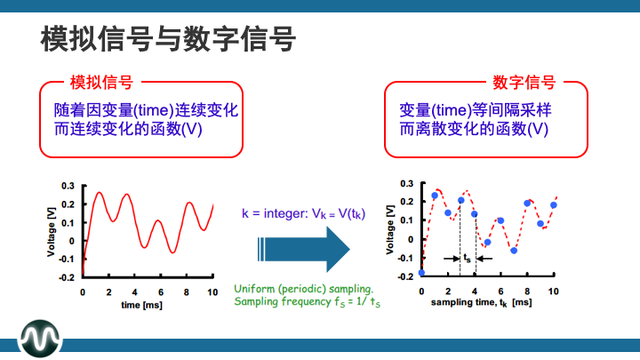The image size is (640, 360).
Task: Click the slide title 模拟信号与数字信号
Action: (168, 40)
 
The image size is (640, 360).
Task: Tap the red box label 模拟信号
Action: (101, 83)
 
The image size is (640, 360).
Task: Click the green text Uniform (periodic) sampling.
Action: (303, 289)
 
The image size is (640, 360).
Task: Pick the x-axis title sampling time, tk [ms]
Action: (481, 303)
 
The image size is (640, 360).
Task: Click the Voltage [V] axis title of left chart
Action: (51, 233)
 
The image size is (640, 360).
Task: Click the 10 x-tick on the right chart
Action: (553, 291)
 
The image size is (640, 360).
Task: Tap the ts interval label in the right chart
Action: (468, 258)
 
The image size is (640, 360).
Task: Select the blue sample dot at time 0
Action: (421, 273)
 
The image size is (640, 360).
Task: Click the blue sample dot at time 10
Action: (553, 205)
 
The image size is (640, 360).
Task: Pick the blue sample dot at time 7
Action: (514, 251)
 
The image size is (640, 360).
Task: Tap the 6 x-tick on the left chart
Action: (161, 292)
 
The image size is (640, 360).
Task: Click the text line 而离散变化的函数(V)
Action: (473, 128)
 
